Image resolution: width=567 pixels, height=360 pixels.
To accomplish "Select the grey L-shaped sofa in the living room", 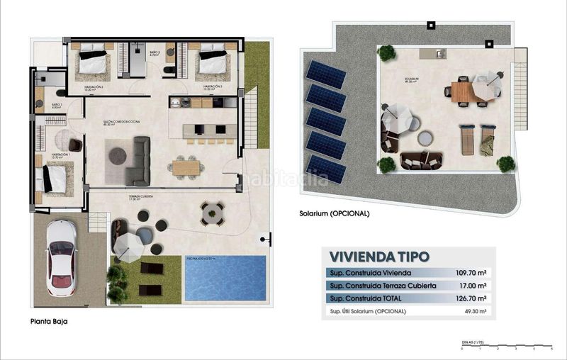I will click(x=138, y=162).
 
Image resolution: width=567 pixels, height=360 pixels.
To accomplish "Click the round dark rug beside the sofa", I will click(x=118, y=155).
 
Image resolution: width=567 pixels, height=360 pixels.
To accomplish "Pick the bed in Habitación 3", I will click(x=211, y=61).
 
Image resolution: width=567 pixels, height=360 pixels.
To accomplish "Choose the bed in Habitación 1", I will click(x=55, y=178).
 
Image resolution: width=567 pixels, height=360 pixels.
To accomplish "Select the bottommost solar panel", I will click(x=325, y=170).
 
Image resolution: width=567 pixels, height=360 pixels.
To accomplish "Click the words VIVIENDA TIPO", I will click(x=379, y=257).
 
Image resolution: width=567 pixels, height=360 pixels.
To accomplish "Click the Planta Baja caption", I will click(x=49, y=321).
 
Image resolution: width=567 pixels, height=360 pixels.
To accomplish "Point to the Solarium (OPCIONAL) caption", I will click(x=334, y=213).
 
